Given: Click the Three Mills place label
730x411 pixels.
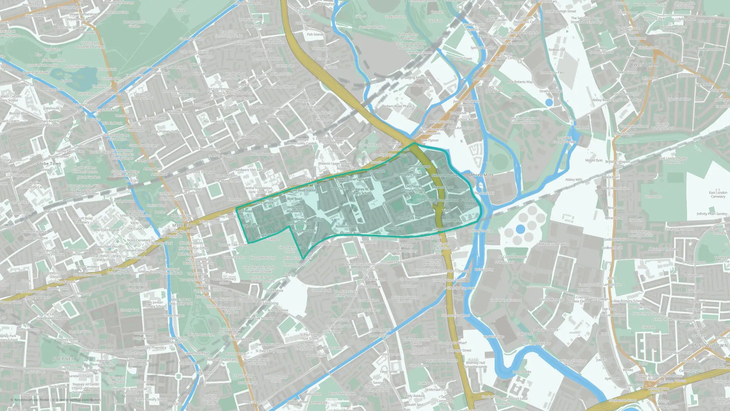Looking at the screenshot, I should coord(481,175).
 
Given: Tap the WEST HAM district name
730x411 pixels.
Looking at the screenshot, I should coord(646,65).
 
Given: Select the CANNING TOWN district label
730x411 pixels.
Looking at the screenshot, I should coord(708,345).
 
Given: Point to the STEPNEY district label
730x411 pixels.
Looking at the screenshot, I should coord(64,359).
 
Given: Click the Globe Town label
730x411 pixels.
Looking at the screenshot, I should coord(49,164).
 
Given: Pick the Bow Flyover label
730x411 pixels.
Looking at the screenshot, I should coord(430,140).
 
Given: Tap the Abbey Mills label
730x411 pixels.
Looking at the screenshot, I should coord(573,180).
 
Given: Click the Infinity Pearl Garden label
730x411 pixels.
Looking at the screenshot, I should coord(712,214).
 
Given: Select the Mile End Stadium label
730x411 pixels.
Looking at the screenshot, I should coord(201,335).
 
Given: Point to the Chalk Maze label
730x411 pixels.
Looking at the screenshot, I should coord(274,291).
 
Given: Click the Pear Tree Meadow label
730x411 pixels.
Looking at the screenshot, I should coord(260,318).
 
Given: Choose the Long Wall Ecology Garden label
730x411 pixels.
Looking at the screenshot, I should coord(564,140).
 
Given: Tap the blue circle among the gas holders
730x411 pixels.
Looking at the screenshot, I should coord(520,229).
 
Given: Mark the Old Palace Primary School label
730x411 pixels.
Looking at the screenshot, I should coord(413,188).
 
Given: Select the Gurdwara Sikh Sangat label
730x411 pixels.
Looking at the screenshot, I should coord(250,170).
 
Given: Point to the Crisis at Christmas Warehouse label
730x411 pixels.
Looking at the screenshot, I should coord(573,362).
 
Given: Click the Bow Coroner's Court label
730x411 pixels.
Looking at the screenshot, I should coord(352,179).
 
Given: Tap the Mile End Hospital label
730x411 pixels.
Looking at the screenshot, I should coord(106,230).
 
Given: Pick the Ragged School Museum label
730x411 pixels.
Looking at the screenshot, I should coord(176,340).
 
